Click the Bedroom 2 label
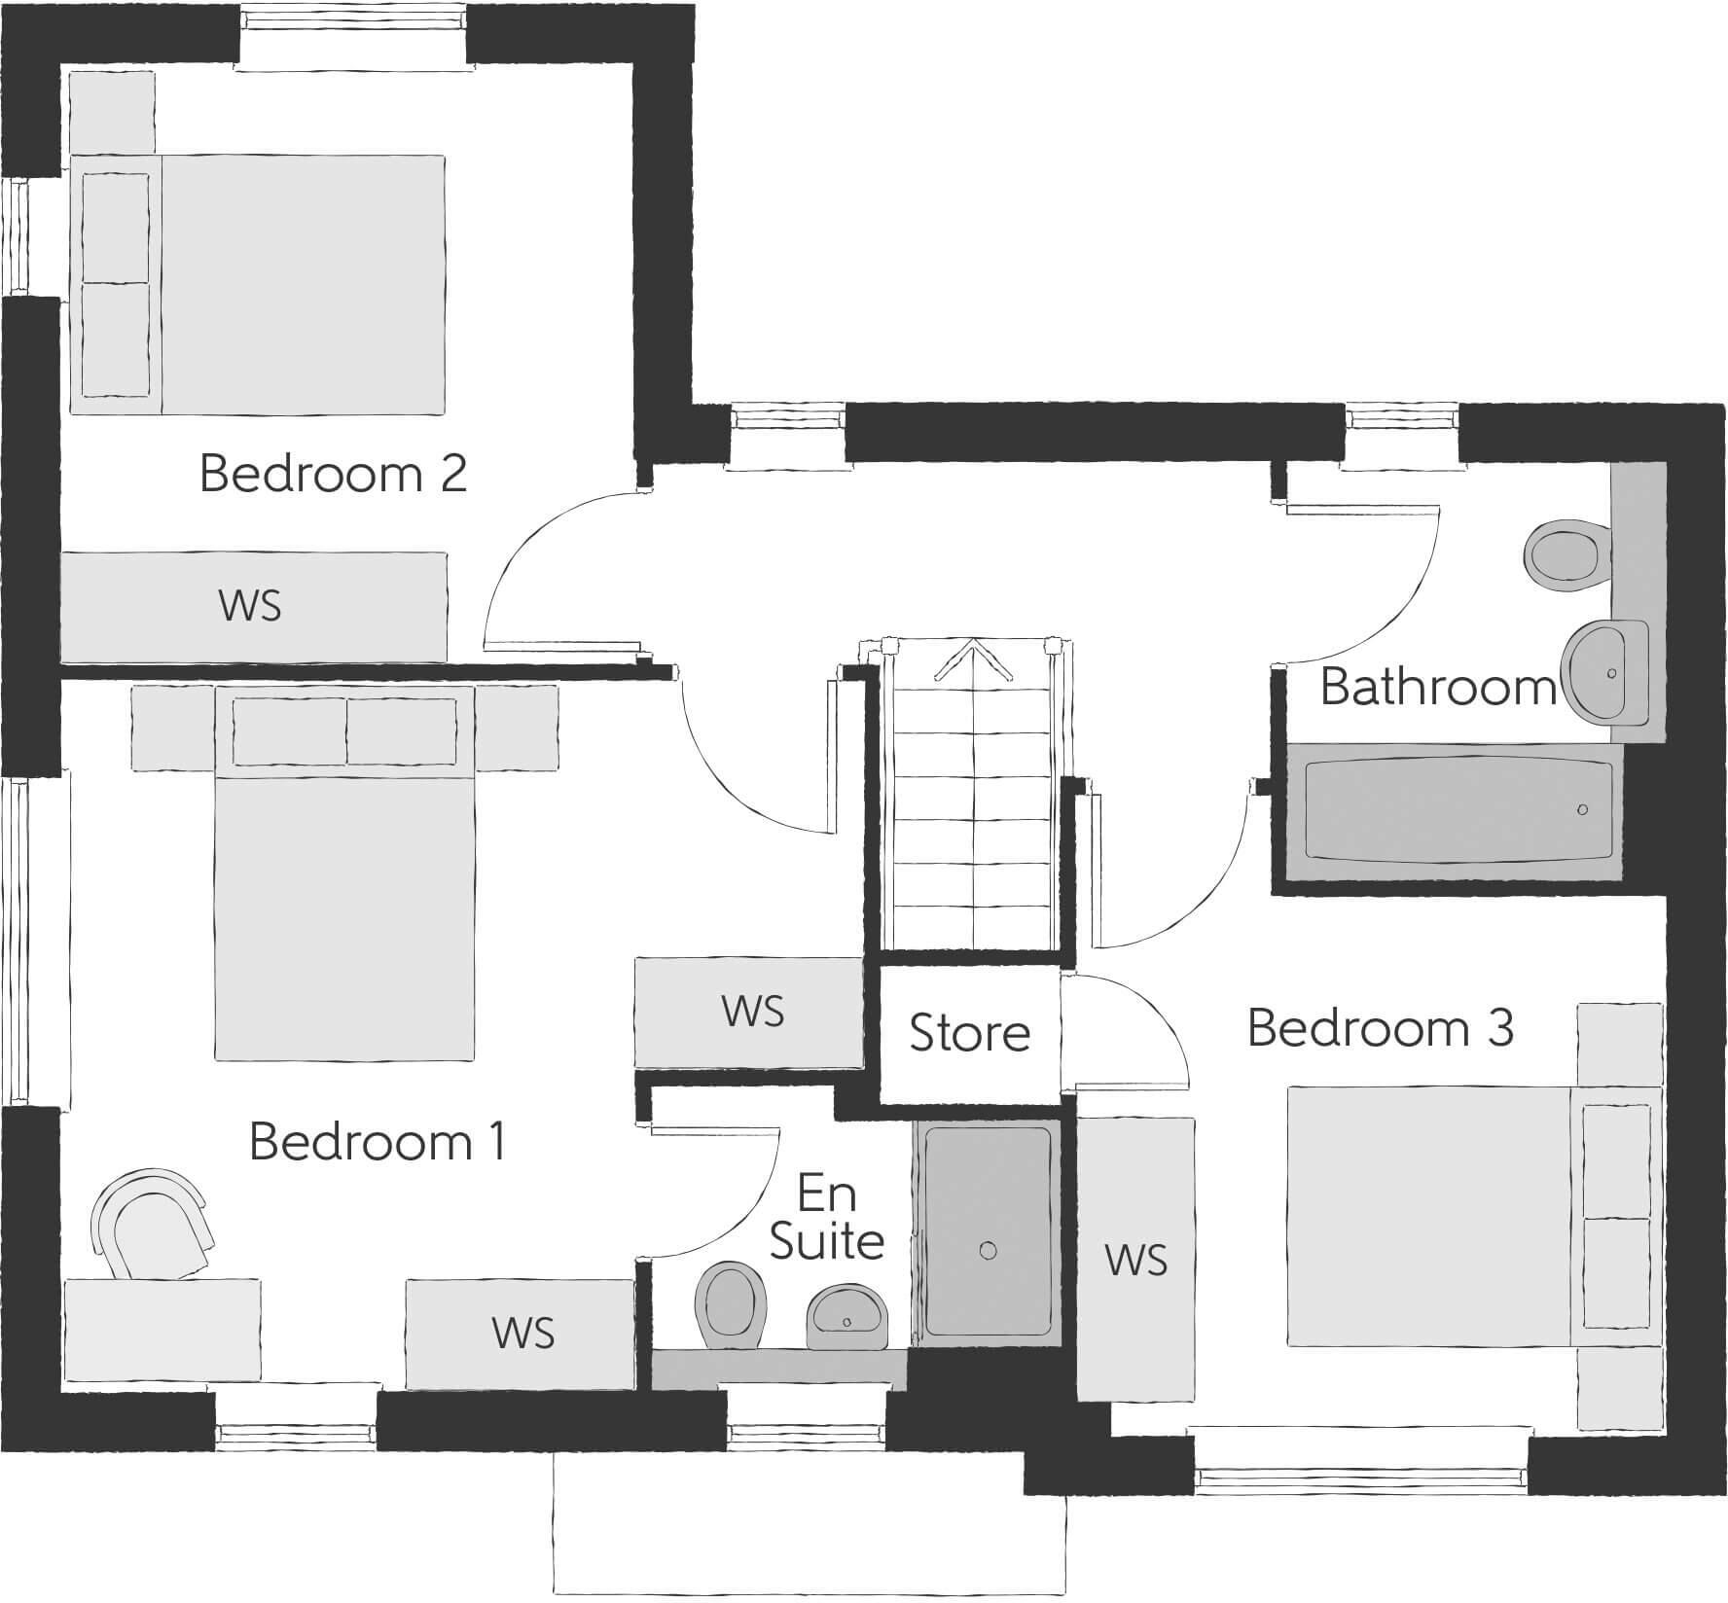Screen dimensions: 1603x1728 333,474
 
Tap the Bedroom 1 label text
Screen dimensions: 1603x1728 378,1141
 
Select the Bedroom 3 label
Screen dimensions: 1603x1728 1380,1028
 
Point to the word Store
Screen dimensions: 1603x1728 969,1033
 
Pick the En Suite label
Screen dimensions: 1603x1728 826,1217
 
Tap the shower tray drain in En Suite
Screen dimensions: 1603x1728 989,1251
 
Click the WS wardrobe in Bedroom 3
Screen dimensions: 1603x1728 1135,1261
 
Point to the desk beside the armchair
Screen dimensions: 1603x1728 162,1331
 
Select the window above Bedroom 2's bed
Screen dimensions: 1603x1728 353,39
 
